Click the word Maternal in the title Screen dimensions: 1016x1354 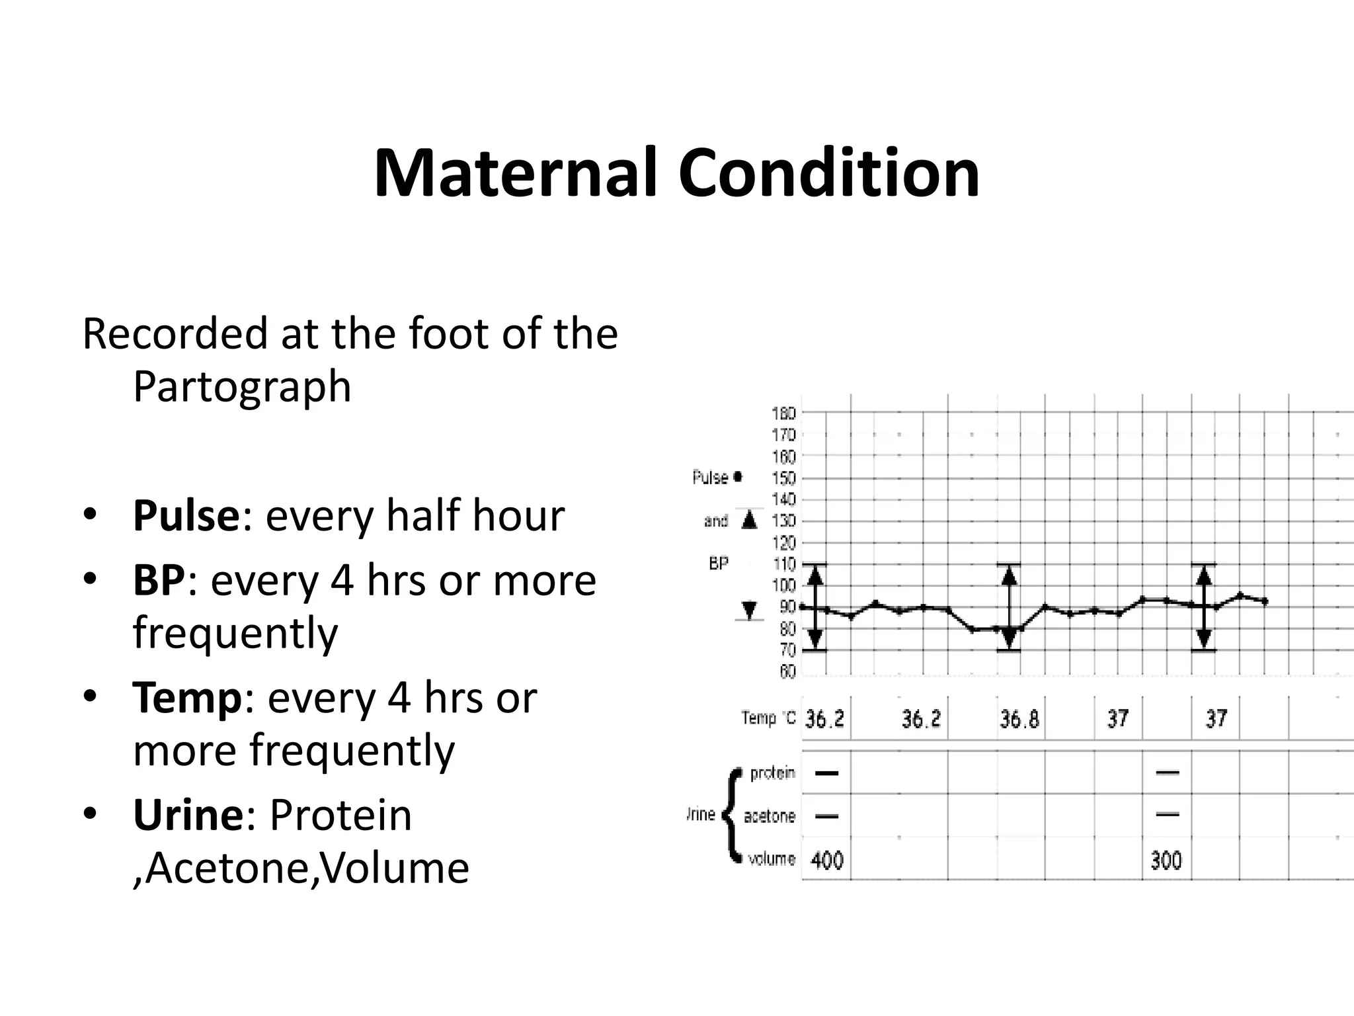(x=516, y=173)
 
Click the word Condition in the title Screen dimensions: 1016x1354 (x=829, y=173)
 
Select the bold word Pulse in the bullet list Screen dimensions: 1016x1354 (x=186, y=516)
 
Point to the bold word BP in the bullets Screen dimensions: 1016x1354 (x=159, y=580)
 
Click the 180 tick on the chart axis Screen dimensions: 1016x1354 (x=783, y=413)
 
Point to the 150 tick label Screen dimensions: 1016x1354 (x=783, y=478)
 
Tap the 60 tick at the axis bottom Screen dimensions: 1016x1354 (x=787, y=672)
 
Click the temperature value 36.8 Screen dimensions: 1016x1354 (x=1019, y=719)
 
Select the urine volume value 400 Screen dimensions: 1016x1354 (x=826, y=861)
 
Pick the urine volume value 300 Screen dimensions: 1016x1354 (x=1166, y=861)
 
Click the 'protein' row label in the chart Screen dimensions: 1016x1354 (x=772, y=773)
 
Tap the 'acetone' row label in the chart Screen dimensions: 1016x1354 (x=769, y=816)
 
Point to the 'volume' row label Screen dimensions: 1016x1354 (x=771, y=859)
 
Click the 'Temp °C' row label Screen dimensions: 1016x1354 (x=768, y=718)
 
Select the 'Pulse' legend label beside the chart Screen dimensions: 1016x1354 (x=710, y=478)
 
